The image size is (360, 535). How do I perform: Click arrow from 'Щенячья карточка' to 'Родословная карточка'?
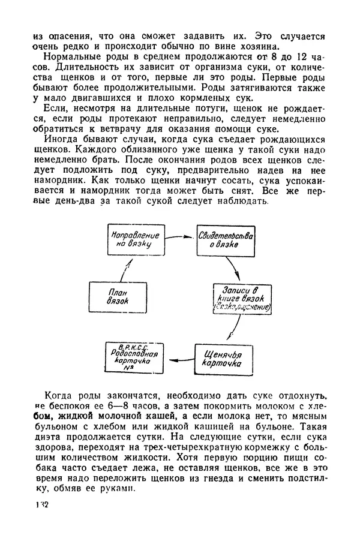point(182,358)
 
